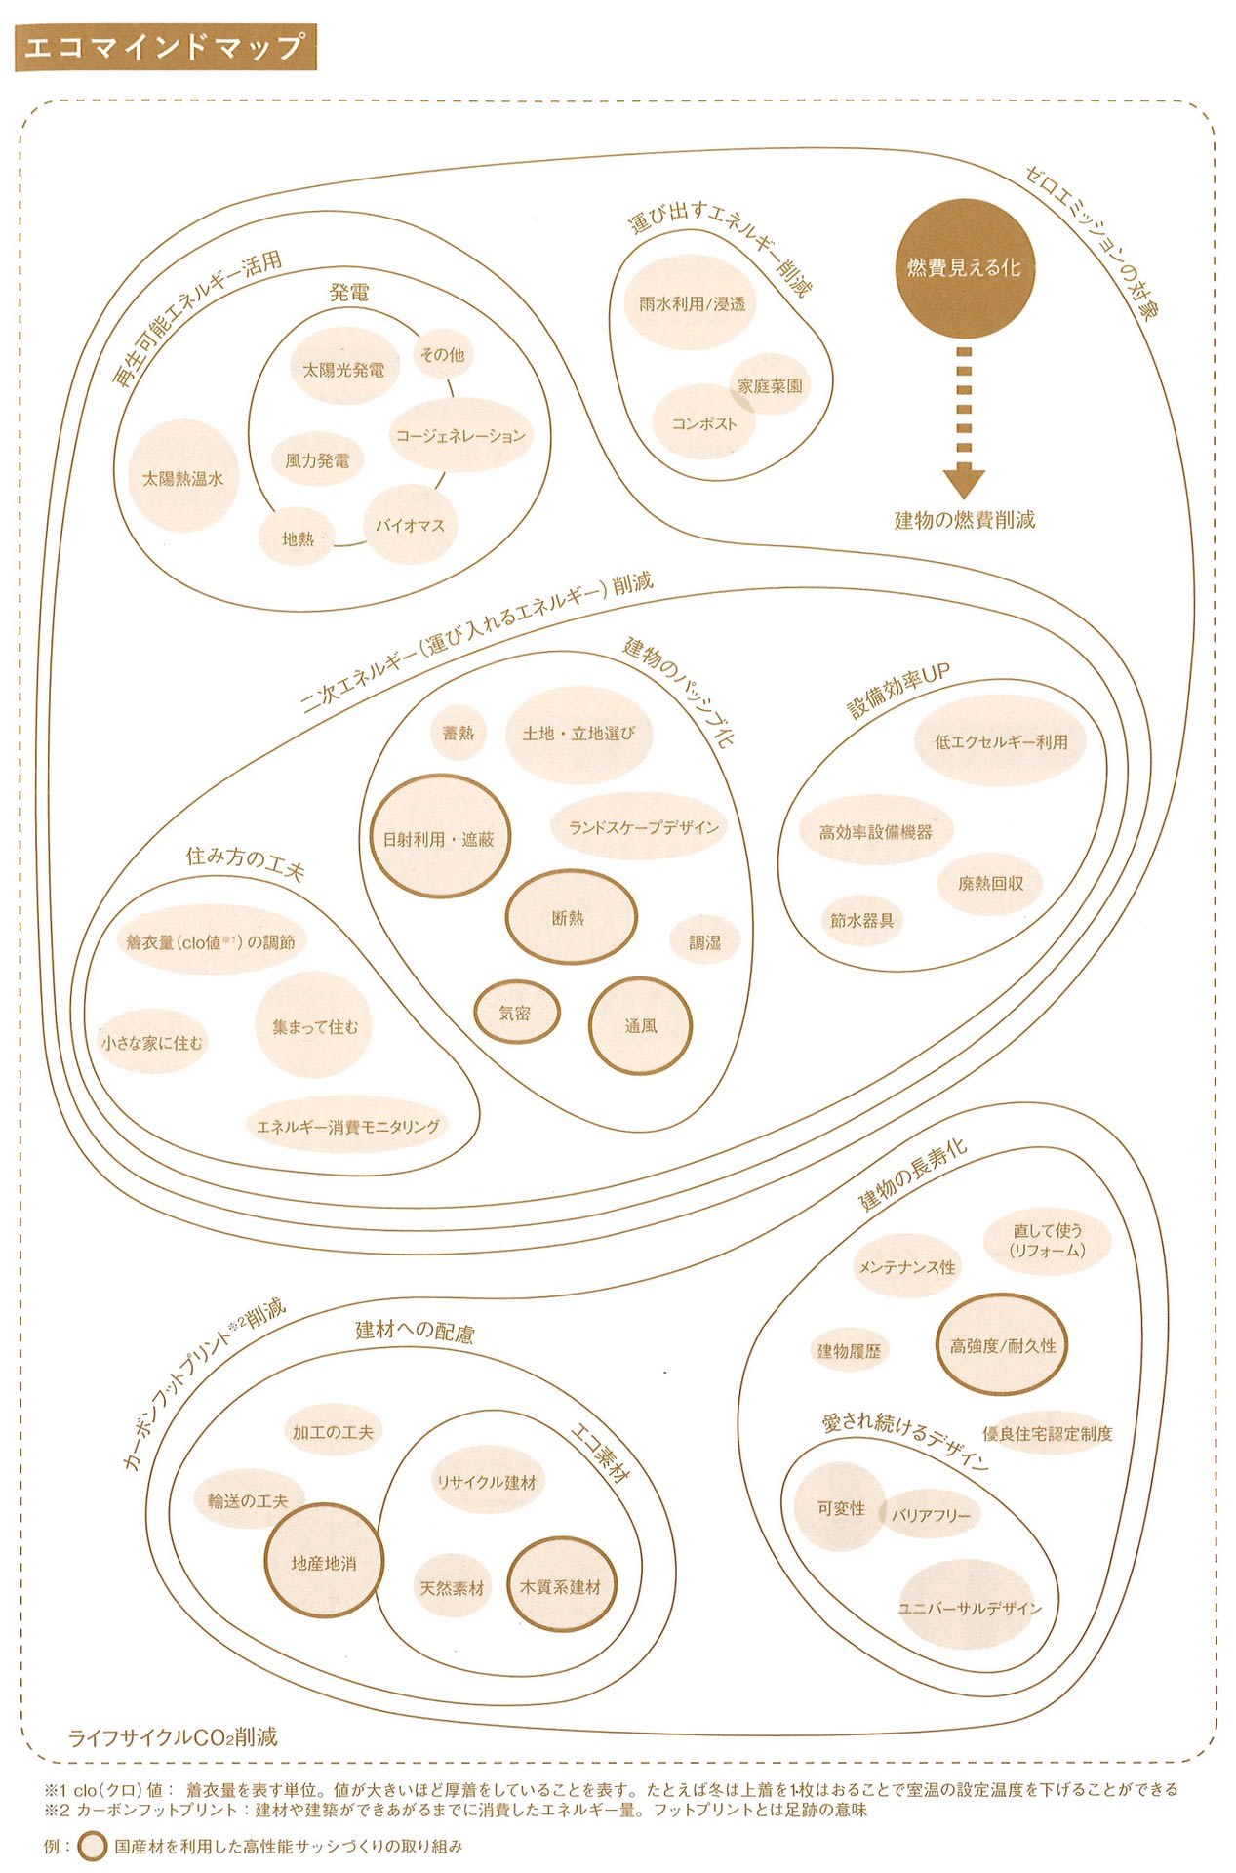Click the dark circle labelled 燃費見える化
point(964,267)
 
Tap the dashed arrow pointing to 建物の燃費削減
point(964,421)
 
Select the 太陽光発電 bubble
point(343,370)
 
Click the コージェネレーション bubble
point(459,435)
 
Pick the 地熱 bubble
point(298,538)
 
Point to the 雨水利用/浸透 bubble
point(692,303)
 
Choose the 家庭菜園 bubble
point(771,385)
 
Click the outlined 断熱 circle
point(570,917)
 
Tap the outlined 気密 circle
point(516,1013)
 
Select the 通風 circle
point(640,1026)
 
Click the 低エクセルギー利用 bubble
point(1001,741)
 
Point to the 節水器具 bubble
point(861,919)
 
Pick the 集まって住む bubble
point(314,1025)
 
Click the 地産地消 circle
point(324,1563)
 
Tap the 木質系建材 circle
point(561,1586)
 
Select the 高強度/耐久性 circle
point(1003,1345)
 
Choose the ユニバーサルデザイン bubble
point(969,1608)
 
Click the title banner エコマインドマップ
point(166,48)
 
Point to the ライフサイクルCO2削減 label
point(173,1737)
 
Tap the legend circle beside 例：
point(93,1847)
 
